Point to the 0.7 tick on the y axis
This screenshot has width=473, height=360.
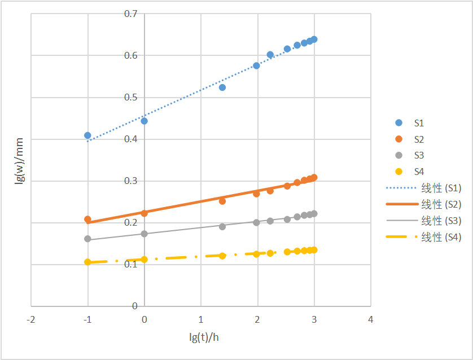pyautogui.click(x=131, y=13)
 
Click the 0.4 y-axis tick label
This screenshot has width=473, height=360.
pyautogui.click(x=131, y=139)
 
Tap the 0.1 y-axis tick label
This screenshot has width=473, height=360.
pyautogui.click(x=131, y=265)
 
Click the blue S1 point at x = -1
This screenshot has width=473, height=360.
pyautogui.click(x=87, y=135)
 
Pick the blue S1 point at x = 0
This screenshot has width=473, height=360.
pyautogui.click(x=144, y=121)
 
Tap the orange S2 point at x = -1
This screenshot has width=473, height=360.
pyautogui.click(x=87, y=219)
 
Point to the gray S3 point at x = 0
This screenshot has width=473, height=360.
pyautogui.click(x=144, y=234)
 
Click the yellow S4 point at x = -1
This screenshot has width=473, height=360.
pyautogui.click(x=87, y=262)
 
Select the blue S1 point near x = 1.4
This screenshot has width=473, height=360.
pyautogui.click(x=222, y=87)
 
